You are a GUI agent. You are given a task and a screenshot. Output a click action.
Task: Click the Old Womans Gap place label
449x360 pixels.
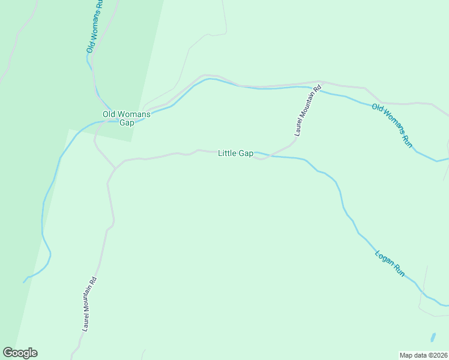(126, 118)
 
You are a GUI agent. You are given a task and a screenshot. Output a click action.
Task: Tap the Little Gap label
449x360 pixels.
(235, 154)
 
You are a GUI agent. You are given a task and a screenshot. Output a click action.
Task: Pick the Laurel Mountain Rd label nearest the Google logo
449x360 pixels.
(89, 304)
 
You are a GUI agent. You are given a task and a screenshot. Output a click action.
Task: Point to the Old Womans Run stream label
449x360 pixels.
(393, 125)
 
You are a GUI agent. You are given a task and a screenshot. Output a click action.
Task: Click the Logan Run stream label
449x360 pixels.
(390, 263)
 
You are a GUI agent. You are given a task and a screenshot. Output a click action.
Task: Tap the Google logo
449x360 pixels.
(20, 353)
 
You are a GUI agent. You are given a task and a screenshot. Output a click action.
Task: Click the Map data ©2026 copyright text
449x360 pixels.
(424, 355)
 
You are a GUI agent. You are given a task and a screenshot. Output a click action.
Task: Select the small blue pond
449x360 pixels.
(432, 337)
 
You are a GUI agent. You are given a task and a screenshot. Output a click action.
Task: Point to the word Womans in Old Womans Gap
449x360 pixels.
(133, 114)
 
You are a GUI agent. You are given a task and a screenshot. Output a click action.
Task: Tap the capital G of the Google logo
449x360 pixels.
(8, 353)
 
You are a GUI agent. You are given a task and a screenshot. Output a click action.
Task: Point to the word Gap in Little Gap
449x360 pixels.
(246, 154)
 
